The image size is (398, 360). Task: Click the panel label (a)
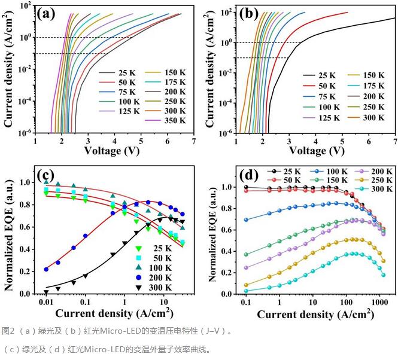50,13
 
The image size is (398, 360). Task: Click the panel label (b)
251,14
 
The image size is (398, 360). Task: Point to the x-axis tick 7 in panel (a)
193,140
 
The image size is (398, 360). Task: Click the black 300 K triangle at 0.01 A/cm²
46,292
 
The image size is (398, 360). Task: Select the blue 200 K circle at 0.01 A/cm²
46,269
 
